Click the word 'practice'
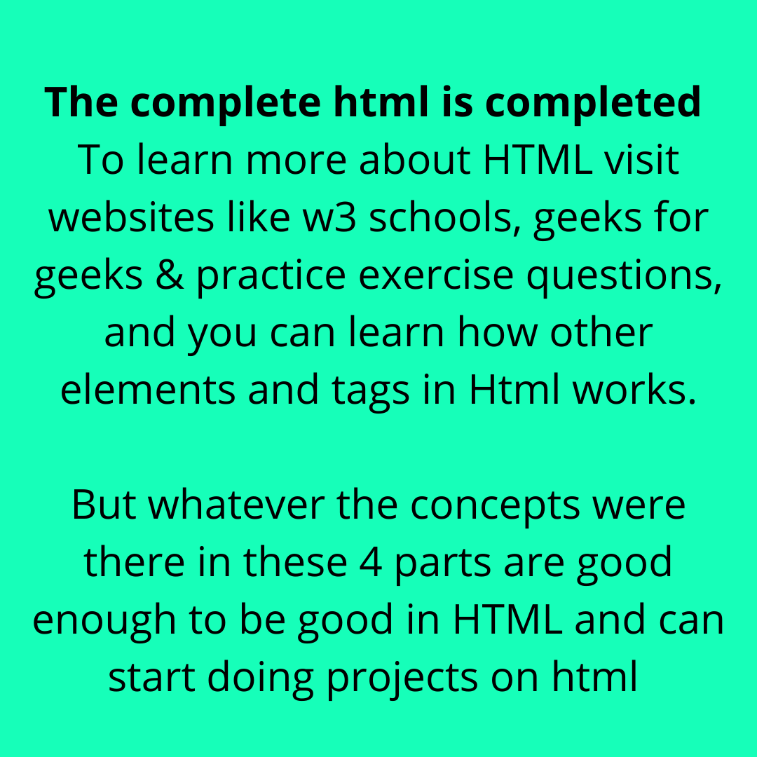click(x=271, y=277)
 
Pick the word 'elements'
click(x=146, y=390)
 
